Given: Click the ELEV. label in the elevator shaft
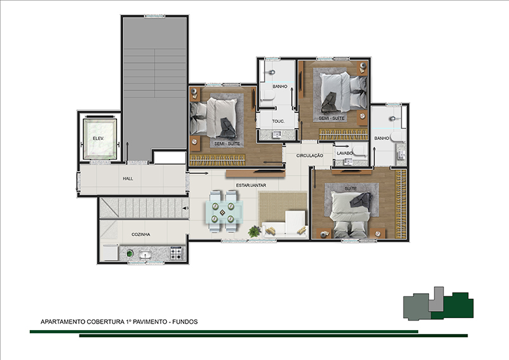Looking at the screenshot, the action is click(99, 138).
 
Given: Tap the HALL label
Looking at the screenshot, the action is click(128, 179).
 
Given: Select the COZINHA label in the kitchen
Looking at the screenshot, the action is click(141, 234).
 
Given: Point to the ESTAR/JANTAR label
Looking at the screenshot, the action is click(251, 185).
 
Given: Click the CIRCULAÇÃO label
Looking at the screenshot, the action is click(310, 156).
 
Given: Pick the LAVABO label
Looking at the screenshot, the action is click(344, 153).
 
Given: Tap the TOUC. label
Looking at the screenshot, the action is click(278, 121).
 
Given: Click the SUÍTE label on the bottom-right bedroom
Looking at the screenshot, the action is click(351, 189).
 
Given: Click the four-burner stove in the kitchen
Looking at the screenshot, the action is click(176, 253).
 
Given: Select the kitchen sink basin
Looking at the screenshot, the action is click(146, 254).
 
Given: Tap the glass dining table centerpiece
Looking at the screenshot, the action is click(222, 212).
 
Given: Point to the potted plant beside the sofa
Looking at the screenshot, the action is click(254, 231).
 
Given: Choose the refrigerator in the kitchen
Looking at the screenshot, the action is click(110, 253).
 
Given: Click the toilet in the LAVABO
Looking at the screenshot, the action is click(359, 150).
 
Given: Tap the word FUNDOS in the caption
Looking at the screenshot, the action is click(185, 322).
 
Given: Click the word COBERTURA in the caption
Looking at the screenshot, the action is click(106, 322).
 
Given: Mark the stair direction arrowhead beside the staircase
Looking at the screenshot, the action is click(185, 208).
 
